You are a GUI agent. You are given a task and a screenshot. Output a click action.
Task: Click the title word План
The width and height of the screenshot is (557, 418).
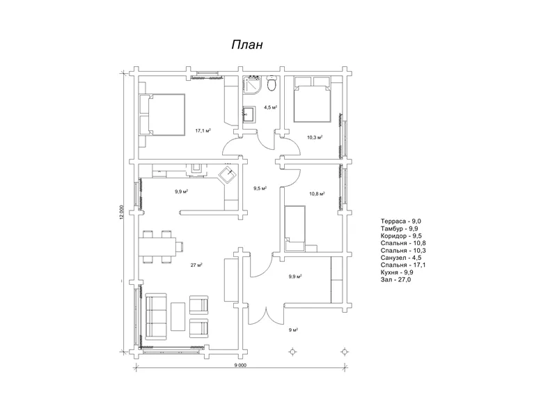coord(247,45)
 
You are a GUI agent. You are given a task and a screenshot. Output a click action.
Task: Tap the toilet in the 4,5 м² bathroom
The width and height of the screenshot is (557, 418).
coord(272,84)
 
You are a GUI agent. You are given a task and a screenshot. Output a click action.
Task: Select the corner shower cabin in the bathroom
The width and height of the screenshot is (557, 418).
coord(252,85)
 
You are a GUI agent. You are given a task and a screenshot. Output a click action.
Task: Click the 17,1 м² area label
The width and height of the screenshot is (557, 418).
coord(203,131)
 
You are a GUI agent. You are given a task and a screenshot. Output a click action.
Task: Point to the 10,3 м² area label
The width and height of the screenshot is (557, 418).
coord(315,137)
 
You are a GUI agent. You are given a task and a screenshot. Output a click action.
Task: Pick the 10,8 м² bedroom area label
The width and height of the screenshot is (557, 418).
coord(317,194)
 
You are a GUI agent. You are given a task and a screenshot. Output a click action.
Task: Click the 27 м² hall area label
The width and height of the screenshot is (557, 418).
coord(196,265)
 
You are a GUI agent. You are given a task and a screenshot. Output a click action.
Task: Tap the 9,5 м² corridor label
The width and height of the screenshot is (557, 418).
coord(260,188)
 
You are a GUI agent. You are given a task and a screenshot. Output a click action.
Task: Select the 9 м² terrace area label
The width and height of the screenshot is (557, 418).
coord(293,330)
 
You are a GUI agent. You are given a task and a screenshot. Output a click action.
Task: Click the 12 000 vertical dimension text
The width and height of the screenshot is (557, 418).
coord(121,212)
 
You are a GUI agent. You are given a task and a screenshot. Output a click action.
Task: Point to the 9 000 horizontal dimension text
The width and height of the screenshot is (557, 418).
coord(240,365)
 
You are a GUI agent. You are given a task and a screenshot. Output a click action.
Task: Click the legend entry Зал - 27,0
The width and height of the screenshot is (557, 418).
coord(395,280)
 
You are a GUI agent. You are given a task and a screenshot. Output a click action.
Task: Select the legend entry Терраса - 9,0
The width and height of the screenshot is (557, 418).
coord(401,222)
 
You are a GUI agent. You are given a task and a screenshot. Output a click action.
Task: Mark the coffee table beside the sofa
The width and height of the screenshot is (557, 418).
coord(178,316)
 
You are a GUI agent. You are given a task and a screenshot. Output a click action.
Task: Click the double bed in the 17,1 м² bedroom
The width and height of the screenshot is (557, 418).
coord(163,115)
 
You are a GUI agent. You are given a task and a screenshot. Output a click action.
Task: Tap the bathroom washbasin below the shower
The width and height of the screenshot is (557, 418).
coord(249,114)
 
